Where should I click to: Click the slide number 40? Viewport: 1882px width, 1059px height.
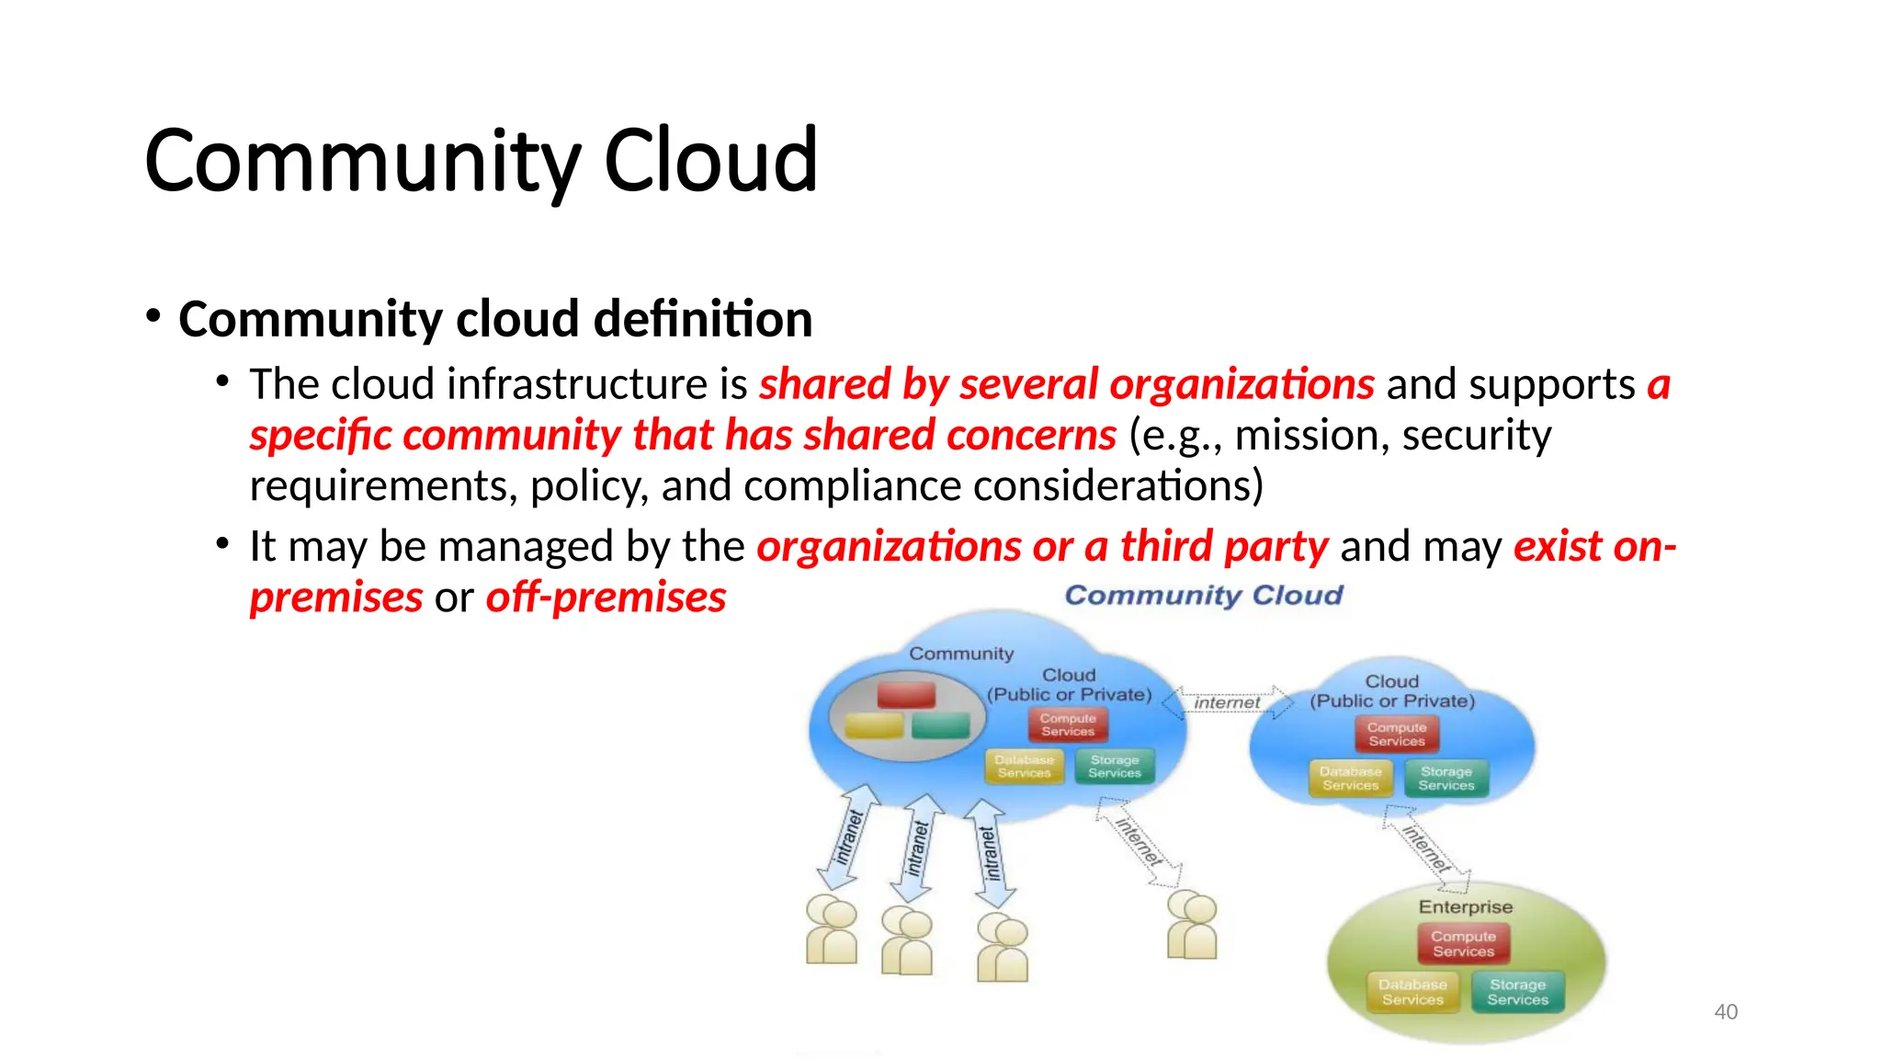coord(1725,1011)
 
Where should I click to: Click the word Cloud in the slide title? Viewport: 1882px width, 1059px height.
coord(709,160)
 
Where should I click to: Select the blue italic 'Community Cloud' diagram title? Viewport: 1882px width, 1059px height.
coord(1203,595)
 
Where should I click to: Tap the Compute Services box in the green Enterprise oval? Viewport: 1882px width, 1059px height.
coord(1463,943)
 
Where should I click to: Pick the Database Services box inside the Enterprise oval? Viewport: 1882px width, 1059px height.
coord(1412,992)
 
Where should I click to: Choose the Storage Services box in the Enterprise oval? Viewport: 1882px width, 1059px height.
coord(1517,992)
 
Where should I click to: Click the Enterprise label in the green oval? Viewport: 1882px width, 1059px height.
coord(1465,906)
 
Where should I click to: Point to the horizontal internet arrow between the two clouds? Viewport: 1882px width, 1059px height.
coord(1227,702)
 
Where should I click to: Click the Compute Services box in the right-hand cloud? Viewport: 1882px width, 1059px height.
coord(1396,734)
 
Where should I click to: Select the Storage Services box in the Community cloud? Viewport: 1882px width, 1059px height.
coord(1114,766)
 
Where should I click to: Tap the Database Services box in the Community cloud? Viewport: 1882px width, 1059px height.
coord(1024,766)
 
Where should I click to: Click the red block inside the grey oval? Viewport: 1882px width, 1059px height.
coord(906,694)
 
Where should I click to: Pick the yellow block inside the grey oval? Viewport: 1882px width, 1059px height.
coord(873,726)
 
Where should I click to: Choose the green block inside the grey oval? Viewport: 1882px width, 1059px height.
coord(940,726)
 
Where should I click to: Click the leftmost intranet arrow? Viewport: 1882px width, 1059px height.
coord(847,837)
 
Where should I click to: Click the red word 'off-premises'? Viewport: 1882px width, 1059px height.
coord(606,598)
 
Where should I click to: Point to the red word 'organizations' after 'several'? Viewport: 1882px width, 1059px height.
coord(1241,384)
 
